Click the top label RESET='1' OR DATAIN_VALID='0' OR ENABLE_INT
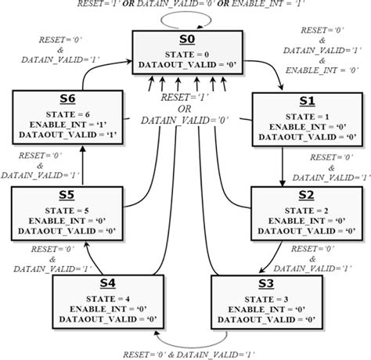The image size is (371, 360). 187,5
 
